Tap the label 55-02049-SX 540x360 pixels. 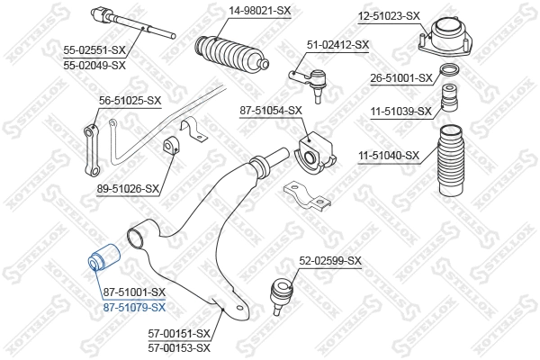coord(94,65)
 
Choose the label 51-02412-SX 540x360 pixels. coord(337,44)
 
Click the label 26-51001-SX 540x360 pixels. coord(400,77)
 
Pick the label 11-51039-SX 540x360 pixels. coord(401,112)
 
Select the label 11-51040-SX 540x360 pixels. coord(389,155)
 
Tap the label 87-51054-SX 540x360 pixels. coord(271,111)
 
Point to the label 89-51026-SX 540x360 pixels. coord(127,189)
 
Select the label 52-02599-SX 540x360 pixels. coord(330,261)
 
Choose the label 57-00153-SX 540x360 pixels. coord(179,346)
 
